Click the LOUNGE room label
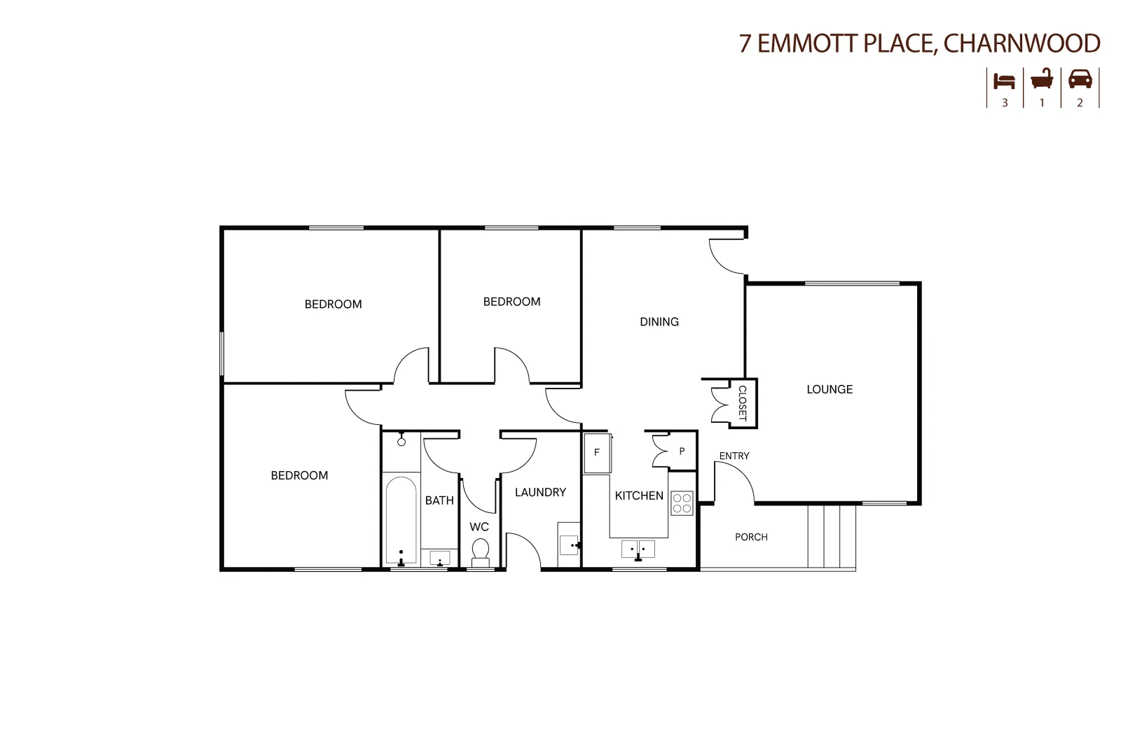tap(830, 389)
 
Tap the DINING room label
tap(659, 322)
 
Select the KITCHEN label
tap(639, 496)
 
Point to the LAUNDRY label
tap(540, 492)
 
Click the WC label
tap(479, 526)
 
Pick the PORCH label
tap(751, 537)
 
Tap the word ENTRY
tap(734, 456)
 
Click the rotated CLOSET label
tap(743, 403)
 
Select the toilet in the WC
tap(481, 551)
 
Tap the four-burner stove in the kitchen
tap(682, 503)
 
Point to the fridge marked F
tap(597, 453)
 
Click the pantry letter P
tap(682, 451)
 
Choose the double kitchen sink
tap(638, 548)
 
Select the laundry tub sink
tap(568, 544)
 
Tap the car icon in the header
tap(1080, 79)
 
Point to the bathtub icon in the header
tap(1042, 79)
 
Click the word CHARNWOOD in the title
tap(1021, 43)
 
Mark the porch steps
tap(832, 536)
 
